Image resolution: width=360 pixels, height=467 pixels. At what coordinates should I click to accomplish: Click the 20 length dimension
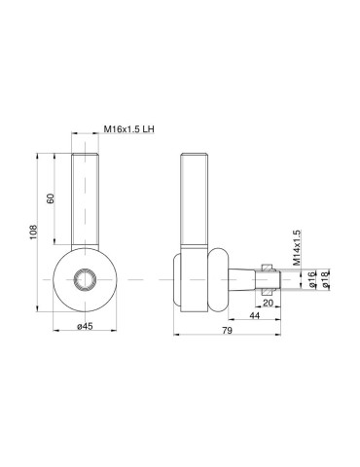point(269,304)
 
